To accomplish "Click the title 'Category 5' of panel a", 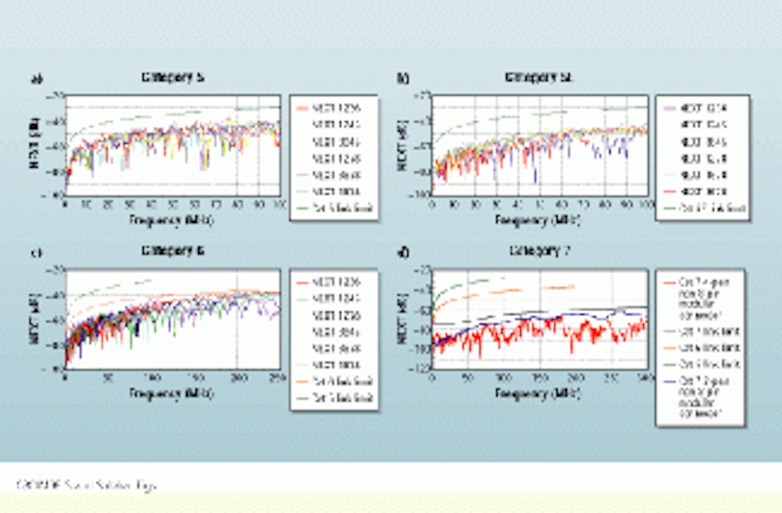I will [x=173, y=77].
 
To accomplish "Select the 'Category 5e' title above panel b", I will [x=538, y=77].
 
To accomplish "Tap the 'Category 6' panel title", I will [x=173, y=251].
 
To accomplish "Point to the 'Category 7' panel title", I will [x=539, y=251].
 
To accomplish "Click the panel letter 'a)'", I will [x=36, y=79].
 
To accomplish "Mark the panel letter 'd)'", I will [x=403, y=253].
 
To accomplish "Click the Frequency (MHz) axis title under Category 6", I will [x=171, y=393].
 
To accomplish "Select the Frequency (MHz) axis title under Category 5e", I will [x=537, y=220].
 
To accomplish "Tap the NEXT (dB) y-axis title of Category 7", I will [x=402, y=318].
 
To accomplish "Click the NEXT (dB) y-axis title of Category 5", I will [x=35, y=142].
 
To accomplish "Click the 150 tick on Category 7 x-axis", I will [x=539, y=378].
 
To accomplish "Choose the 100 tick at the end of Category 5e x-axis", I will [x=646, y=204].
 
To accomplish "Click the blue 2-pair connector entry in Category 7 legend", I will [x=701, y=397].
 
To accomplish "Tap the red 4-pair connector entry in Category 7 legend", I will [x=701, y=298].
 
